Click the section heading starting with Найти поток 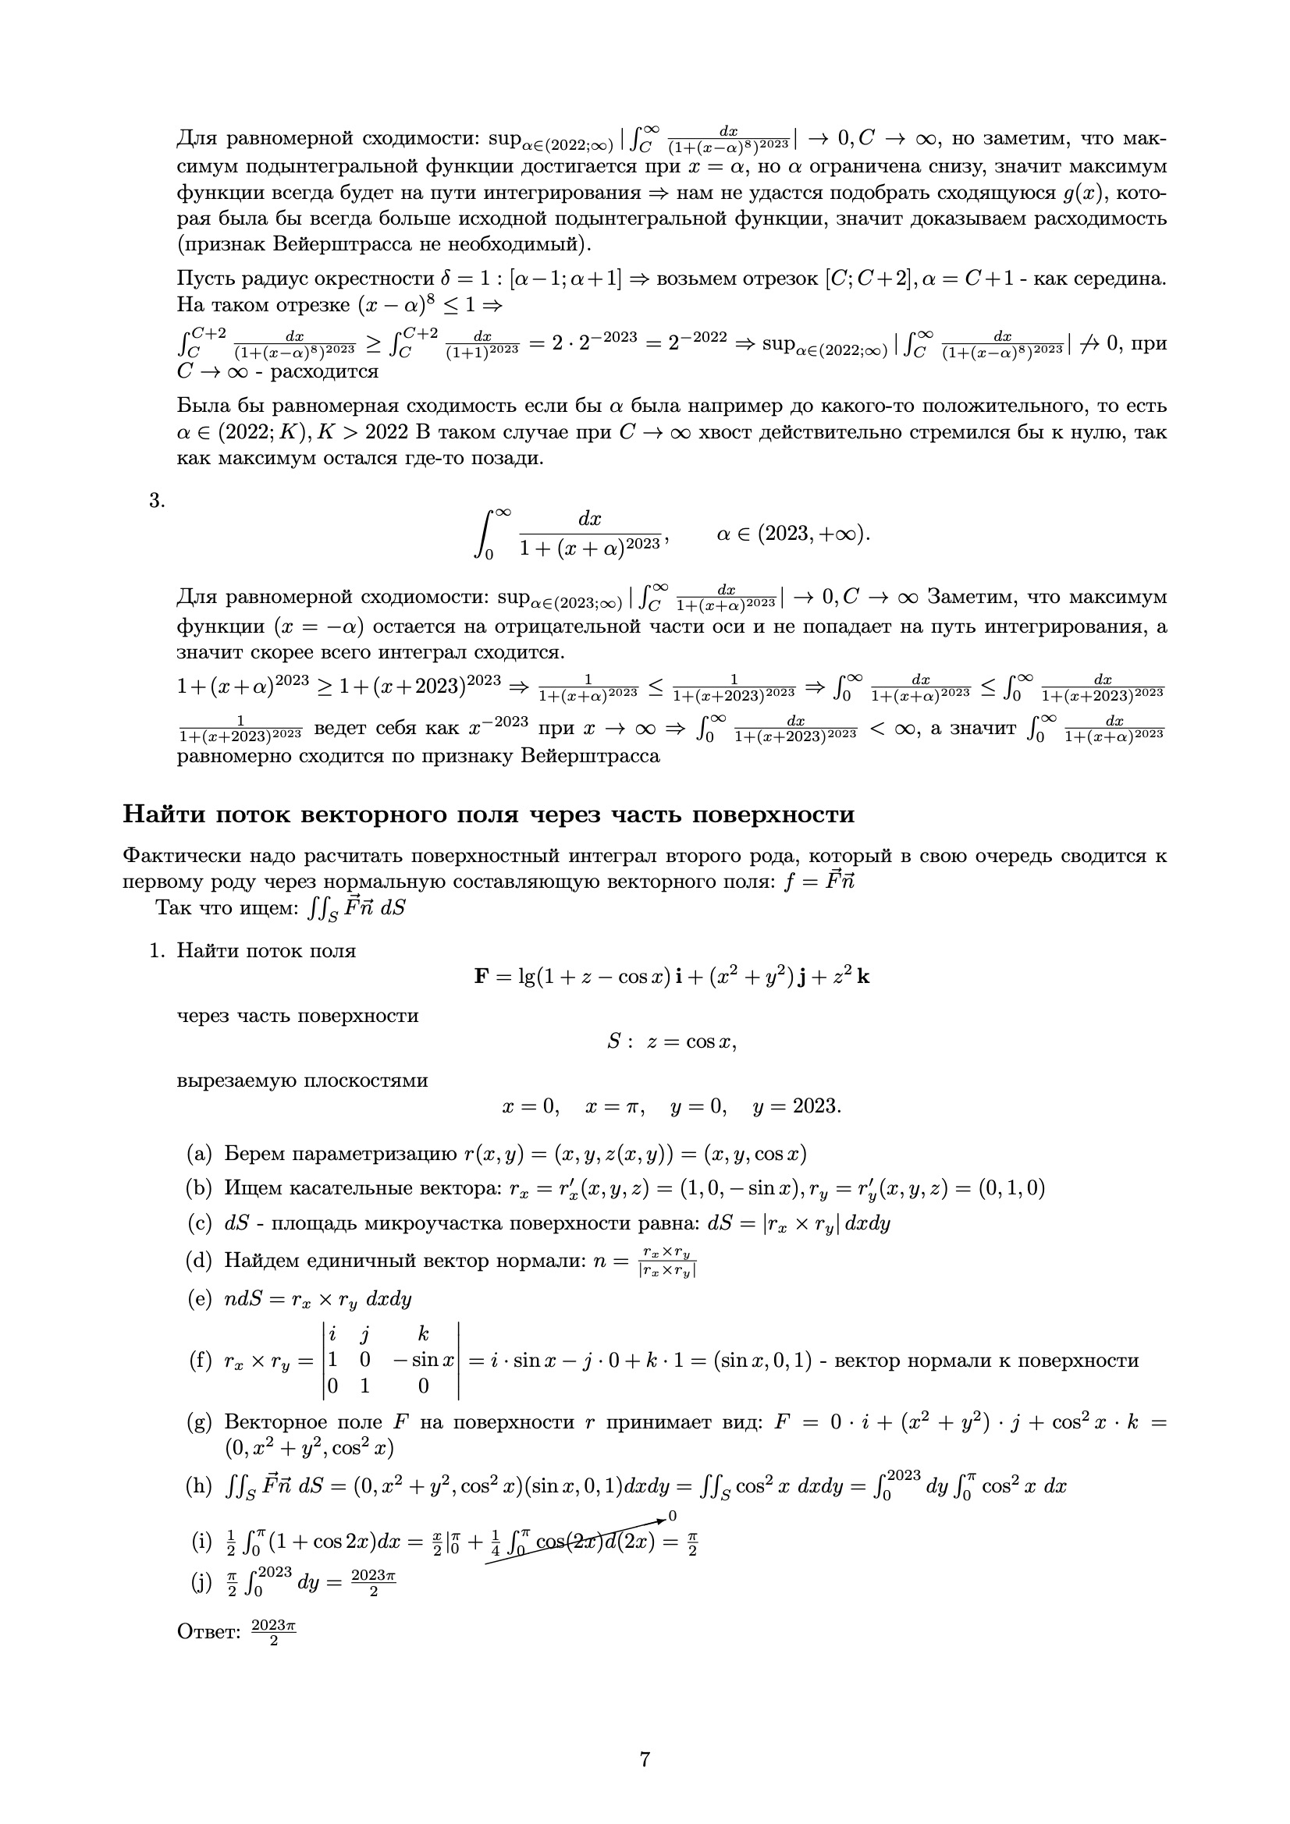pos(488,814)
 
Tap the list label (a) pos(199,1155)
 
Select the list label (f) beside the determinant pos(199,1361)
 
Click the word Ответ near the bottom pos(208,1633)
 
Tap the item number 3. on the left pos(157,501)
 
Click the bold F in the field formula pos(481,976)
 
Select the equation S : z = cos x pos(672,1042)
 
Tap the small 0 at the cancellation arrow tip pos(673,1517)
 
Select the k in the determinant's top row pos(424,1336)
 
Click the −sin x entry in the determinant pos(423,1360)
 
